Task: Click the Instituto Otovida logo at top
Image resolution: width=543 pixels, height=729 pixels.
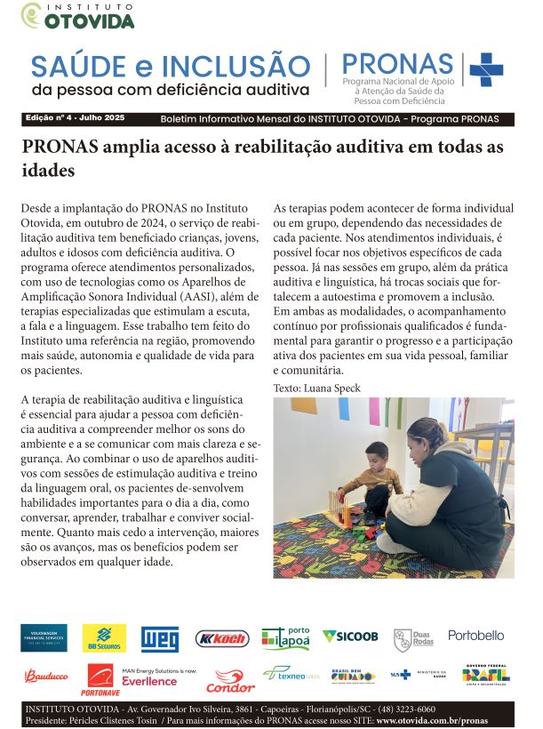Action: click(78, 16)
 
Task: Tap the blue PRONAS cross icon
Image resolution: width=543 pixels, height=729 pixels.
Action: click(485, 69)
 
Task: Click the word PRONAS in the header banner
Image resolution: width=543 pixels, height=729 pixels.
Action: click(397, 64)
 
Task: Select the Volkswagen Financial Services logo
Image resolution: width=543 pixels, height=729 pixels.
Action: click(44, 637)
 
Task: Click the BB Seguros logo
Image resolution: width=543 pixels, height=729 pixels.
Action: click(104, 637)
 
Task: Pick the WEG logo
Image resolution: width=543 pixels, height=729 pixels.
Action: click(160, 638)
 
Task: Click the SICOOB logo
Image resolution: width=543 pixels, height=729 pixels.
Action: click(350, 637)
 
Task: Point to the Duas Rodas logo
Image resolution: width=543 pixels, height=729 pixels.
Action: click(413, 638)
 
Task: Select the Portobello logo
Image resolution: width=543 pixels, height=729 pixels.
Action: click(475, 636)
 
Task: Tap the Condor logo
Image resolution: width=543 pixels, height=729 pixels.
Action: click(230, 682)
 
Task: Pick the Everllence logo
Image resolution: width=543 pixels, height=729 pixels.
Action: click(149, 681)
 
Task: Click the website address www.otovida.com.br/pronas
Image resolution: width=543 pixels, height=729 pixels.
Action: click(431, 720)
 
